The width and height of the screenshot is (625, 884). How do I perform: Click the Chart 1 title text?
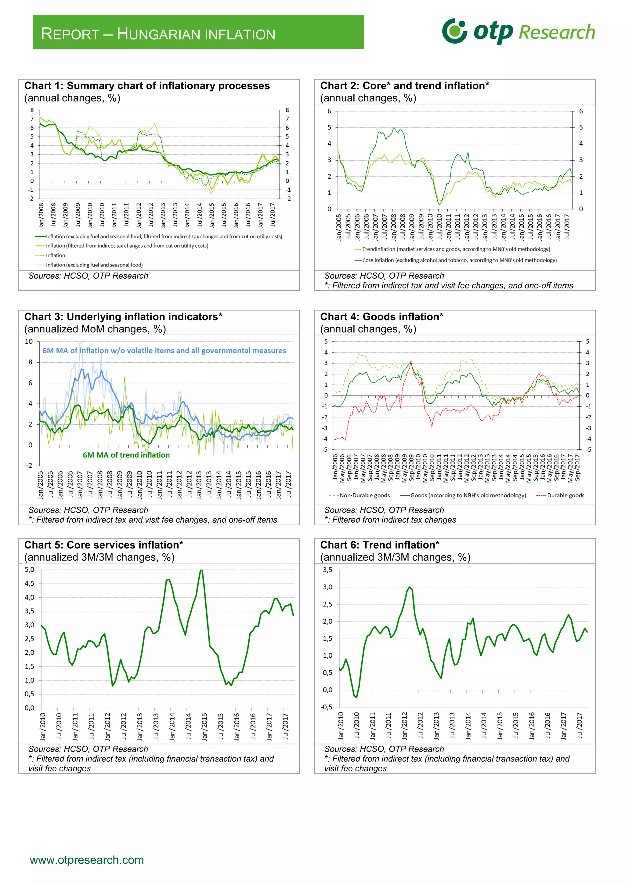tap(147, 85)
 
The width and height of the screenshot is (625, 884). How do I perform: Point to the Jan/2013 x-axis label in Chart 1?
tap(163, 215)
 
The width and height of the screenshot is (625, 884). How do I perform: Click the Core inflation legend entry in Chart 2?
tap(459, 260)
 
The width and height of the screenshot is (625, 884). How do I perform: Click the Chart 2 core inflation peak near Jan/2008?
tap(393, 128)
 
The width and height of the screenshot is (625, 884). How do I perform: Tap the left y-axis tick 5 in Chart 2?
tap(329, 127)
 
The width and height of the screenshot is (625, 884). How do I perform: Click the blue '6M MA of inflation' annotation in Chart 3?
tap(164, 351)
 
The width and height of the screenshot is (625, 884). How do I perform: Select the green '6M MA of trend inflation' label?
tap(126, 455)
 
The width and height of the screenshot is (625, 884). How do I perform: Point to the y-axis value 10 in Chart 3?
tap(29, 342)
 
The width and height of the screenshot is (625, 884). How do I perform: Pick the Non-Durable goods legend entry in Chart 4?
tap(364, 495)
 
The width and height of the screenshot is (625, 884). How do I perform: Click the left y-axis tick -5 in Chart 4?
tap(325, 450)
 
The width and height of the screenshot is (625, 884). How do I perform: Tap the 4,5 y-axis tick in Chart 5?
tap(30, 584)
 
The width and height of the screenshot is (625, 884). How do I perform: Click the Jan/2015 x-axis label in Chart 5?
tap(204, 727)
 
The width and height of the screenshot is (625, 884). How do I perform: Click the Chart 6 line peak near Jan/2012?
tap(409, 587)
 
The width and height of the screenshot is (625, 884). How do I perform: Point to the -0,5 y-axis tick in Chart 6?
tap(327, 707)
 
